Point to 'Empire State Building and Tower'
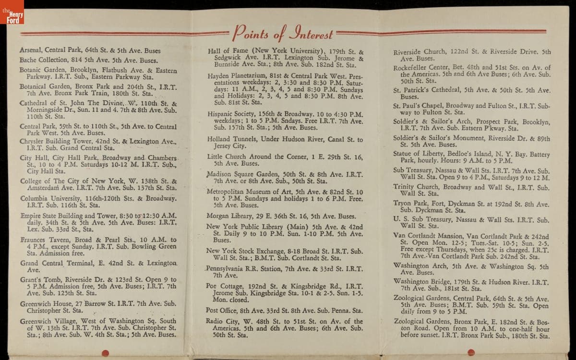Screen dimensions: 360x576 [x=67, y=216]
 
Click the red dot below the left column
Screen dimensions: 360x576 [x=106, y=353]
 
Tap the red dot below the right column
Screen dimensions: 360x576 [x=471, y=353]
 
